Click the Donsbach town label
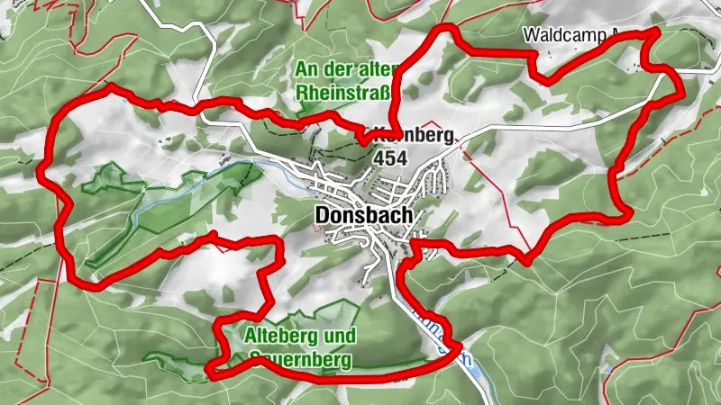[x=364, y=216]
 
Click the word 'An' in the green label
[x=306, y=69]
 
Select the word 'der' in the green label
[x=338, y=69]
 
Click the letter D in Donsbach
[x=324, y=216]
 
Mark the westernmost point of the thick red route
[x=41, y=166]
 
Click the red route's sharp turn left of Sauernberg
[x=210, y=369]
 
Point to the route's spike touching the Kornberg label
[x=362, y=139]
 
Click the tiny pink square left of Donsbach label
[x=315, y=227]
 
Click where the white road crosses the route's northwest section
[x=205, y=103]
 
